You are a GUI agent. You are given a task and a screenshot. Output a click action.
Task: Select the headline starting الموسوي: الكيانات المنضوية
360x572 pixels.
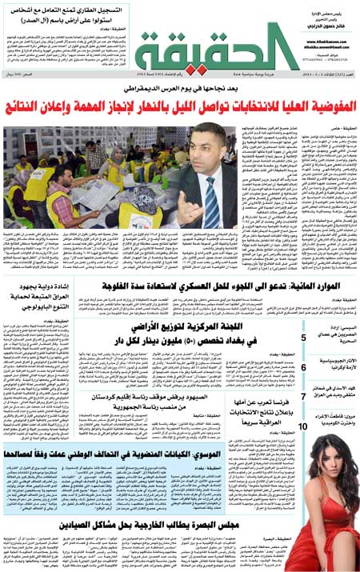142,454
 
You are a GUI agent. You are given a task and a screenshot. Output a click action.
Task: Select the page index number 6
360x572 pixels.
303,367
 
